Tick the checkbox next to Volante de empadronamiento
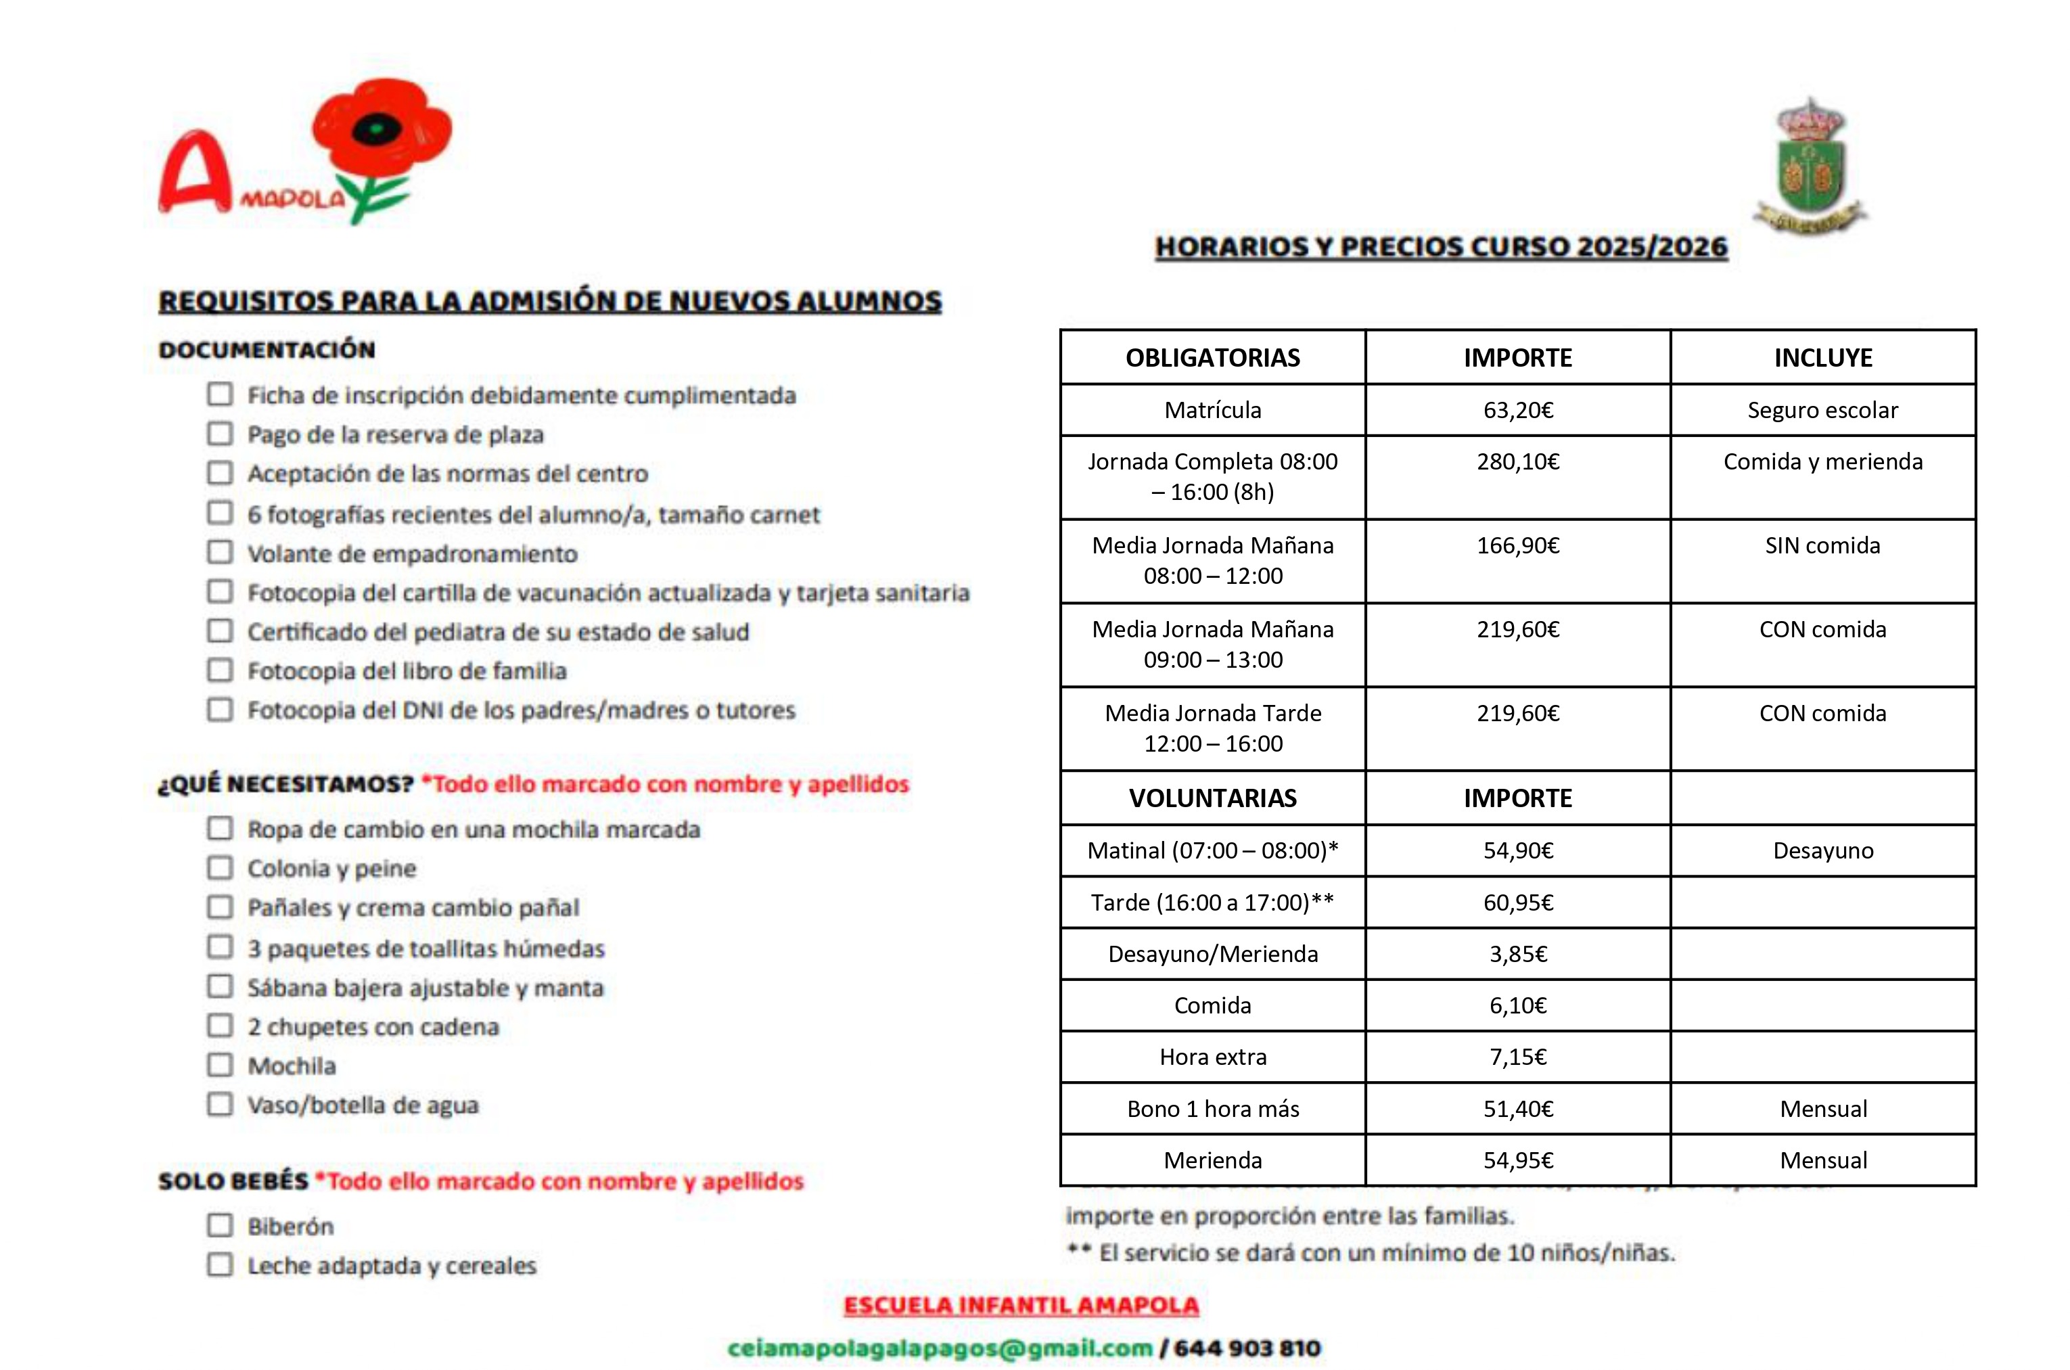[220, 552]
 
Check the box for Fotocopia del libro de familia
[220, 670]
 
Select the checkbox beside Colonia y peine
[220, 867]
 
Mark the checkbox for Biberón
[220, 1225]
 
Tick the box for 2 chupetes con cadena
[220, 1026]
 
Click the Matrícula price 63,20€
[1517, 410]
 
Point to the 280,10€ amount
[1517, 461]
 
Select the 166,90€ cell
[1517, 545]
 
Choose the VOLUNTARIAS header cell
[1212, 798]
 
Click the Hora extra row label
[1212, 1057]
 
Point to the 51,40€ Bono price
[1517, 1109]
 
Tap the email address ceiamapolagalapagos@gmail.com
[940, 1348]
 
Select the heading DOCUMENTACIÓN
[267, 350]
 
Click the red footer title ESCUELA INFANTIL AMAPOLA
[1020, 1305]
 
